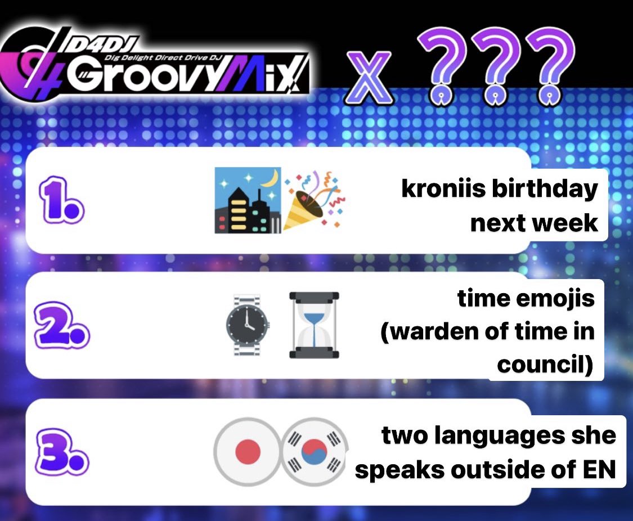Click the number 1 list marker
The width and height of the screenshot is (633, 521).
tap(61, 200)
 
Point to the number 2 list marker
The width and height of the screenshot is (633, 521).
tap(61, 325)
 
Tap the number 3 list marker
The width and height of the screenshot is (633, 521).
tap(61, 452)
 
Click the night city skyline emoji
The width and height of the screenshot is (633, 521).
tap(248, 200)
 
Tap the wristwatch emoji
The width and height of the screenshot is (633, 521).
tap(247, 325)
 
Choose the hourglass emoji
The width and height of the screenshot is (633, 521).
tap(314, 325)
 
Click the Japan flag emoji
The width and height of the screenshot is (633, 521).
tap(247, 452)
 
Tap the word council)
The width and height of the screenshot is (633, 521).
tap(545, 365)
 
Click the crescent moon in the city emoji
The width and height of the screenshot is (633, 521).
tap(271, 177)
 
